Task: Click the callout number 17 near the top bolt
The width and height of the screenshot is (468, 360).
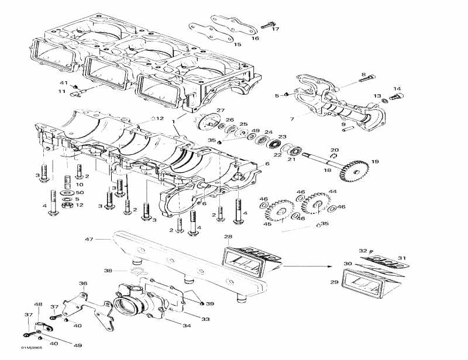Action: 276,29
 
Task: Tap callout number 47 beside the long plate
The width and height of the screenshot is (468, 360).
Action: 90,239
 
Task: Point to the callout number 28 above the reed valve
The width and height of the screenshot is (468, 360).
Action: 228,237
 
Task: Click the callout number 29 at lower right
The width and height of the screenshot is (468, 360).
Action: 335,282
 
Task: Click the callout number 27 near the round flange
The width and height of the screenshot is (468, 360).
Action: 221,110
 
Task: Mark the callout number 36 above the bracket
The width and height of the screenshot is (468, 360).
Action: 83,283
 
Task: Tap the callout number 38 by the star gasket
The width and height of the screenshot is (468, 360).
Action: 108,271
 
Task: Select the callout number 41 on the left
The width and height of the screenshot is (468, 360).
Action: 64,82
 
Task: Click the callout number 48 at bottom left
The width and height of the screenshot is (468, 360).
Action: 39,304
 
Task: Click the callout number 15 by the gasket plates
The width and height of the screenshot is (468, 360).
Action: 237,44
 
